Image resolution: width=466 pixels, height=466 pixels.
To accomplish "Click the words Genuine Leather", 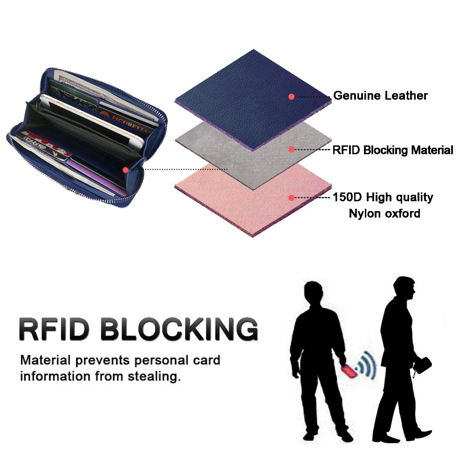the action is [x=380, y=96].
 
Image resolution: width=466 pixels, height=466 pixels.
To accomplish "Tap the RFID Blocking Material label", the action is [x=392, y=150].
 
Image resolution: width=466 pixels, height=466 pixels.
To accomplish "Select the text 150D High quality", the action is [x=383, y=198].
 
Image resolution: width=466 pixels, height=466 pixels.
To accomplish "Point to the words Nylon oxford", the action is [x=384, y=214].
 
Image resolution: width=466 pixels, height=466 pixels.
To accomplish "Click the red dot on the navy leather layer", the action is [x=291, y=96].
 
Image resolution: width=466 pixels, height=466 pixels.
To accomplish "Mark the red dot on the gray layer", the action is [x=291, y=150].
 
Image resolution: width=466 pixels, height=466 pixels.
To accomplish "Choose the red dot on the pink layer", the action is [x=291, y=198].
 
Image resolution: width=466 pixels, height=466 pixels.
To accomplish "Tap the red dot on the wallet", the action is [x=125, y=170].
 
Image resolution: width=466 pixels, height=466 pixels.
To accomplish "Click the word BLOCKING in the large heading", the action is [x=179, y=329].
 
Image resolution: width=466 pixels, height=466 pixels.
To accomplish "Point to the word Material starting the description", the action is [x=45, y=360].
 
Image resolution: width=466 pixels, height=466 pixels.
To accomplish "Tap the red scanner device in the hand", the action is [x=349, y=371].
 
